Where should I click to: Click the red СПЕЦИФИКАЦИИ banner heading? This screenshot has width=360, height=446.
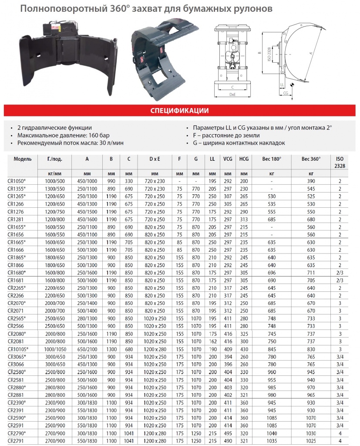pyautogui.click(x=179, y=110)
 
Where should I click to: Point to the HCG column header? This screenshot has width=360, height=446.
pyautogui.click(x=244, y=159)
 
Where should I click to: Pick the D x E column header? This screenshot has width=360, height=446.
pyautogui.click(x=155, y=159)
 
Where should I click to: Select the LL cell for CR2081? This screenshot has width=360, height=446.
pyautogui.click(x=212, y=341)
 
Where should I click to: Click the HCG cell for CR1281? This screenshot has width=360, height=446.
pyautogui.click(x=244, y=219)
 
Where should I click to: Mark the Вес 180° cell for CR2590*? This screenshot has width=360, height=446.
pyautogui.click(x=272, y=418)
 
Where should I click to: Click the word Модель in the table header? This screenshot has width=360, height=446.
pyautogui.click(x=23, y=159)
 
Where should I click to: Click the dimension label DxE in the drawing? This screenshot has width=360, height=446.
pyautogui.click(x=233, y=94)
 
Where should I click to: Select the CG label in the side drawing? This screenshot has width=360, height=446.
pyautogui.click(x=286, y=93)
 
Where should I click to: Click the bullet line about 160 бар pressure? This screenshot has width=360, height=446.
pyautogui.click(x=55, y=135)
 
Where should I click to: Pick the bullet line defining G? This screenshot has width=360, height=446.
pyautogui.click(x=235, y=143)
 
